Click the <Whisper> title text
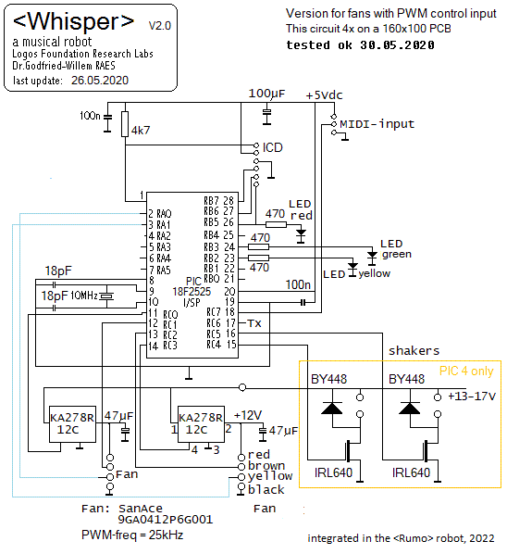(x=73, y=21)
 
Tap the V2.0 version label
(x=160, y=26)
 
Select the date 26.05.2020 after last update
(x=100, y=81)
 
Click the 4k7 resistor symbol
(x=125, y=124)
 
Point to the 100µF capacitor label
(x=266, y=94)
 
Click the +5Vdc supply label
(x=324, y=95)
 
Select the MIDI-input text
(x=377, y=124)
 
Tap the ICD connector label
(x=272, y=147)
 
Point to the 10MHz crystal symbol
(x=106, y=296)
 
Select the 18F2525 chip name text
(x=192, y=292)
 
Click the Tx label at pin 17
(x=254, y=323)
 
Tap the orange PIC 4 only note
(x=466, y=371)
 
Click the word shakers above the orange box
(x=414, y=350)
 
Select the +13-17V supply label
(x=472, y=397)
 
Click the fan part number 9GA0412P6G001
(x=166, y=520)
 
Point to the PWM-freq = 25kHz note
(x=132, y=535)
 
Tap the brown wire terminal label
(x=266, y=466)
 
